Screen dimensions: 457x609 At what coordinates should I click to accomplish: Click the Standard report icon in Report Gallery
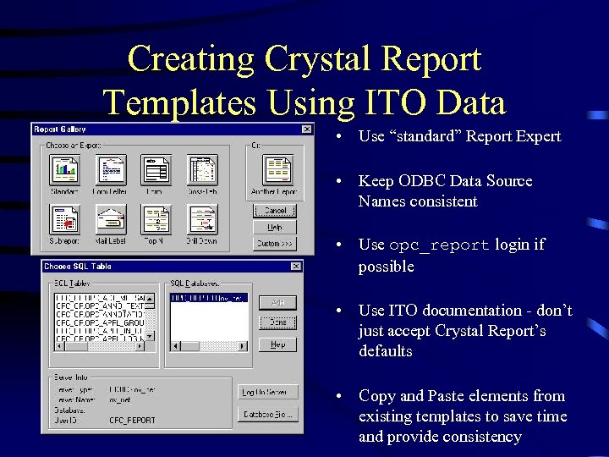coord(64,170)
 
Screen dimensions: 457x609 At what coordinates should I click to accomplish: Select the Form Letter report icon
coord(109,170)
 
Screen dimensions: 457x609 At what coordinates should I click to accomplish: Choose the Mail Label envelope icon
coord(109,219)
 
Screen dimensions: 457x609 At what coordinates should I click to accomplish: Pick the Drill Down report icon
coord(202,219)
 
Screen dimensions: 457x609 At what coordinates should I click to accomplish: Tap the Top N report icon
coord(156,219)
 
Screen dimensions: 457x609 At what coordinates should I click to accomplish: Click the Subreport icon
coord(64,219)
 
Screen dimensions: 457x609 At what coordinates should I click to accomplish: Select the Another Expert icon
coord(276,170)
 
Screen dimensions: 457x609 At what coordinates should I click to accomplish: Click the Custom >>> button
coord(276,244)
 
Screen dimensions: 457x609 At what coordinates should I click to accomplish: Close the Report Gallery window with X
coord(306,129)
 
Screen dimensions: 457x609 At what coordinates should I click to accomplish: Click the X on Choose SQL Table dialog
coord(295,267)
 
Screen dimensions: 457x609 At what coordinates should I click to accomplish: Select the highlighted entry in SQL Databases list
coord(209,298)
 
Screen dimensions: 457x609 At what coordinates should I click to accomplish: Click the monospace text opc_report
coord(439,245)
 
